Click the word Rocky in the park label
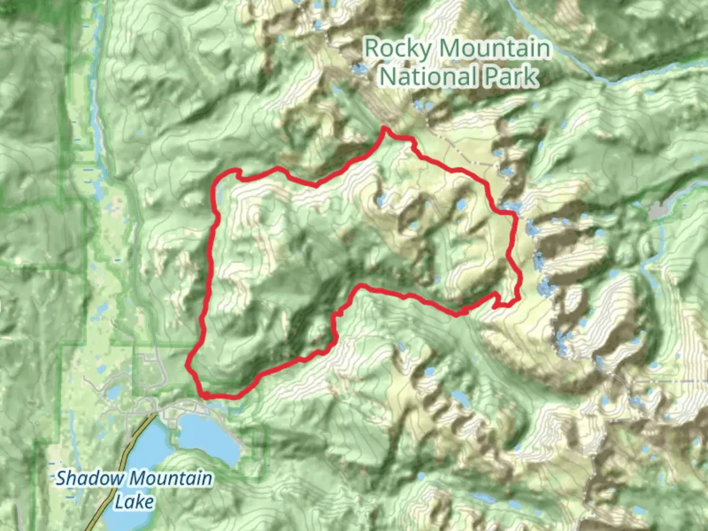(398, 49)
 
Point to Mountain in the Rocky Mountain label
(495, 49)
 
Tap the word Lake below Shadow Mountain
(134, 502)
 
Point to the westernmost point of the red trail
(187, 365)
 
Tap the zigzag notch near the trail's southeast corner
(497, 300)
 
